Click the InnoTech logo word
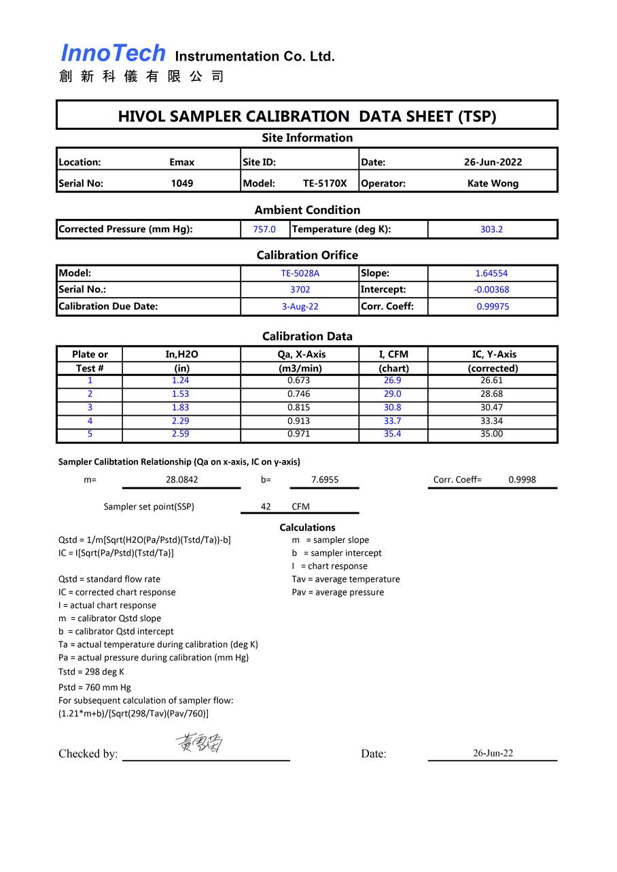point(113,53)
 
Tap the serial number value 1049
point(181,183)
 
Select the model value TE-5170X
point(325,183)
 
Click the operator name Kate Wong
point(493,183)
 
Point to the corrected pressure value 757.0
point(264,229)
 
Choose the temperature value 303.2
point(491,229)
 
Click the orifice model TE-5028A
point(300,273)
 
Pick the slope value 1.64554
point(491,273)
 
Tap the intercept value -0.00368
point(491,290)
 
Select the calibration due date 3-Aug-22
point(300,307)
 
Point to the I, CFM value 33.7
point(392,421)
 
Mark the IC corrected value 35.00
point(491,434)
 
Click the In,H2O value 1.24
point(180,381)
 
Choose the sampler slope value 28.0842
point(181,479)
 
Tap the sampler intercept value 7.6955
point(325,479)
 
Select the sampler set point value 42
point(266,506)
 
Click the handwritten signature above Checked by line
point(200,743)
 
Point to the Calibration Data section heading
point(307,336)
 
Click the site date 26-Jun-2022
point(493,162)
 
